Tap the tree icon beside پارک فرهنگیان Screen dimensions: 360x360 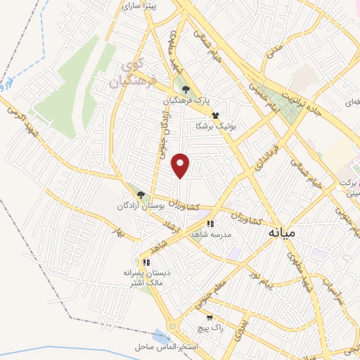click(186, 89)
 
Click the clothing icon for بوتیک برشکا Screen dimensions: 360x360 click(215, 115)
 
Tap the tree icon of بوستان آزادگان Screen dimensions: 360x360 click(141, 195)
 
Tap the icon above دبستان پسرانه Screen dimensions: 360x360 click(146, 262)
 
